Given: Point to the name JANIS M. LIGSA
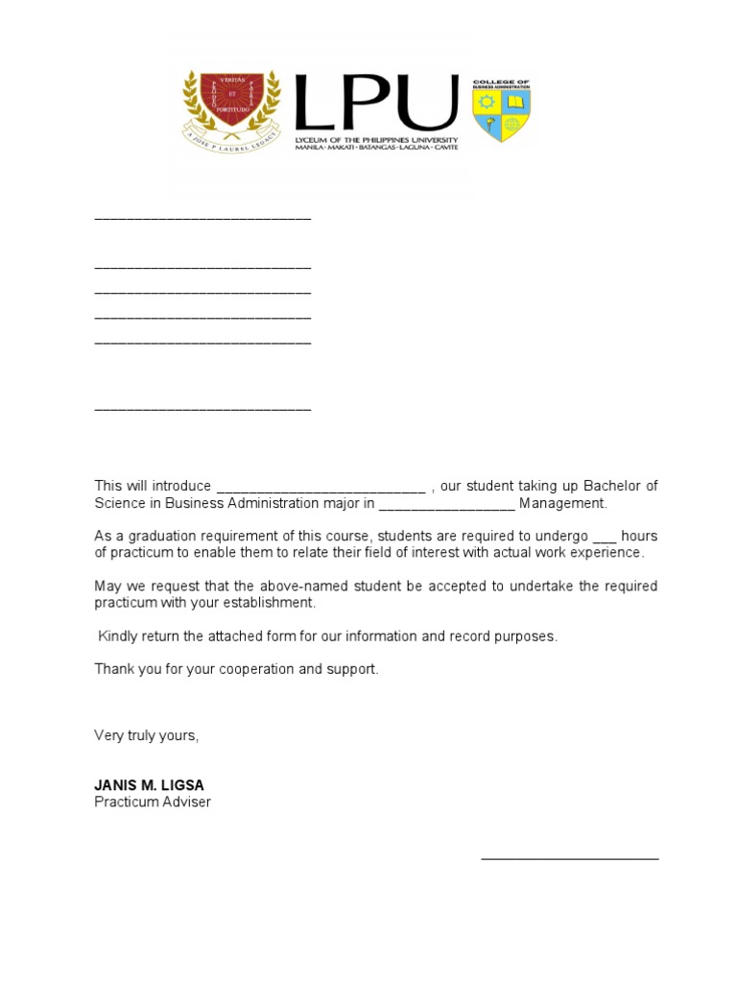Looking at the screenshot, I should pos(149,785).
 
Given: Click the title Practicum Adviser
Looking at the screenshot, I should pos(153,802).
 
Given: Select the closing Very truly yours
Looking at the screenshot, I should pos(146,735).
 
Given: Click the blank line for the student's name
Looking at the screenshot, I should pos(321,487).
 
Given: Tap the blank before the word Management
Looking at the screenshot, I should pos(447,504).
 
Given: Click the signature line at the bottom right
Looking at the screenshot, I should pos(569,857).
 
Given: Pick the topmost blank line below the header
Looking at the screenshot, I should pos(202,219).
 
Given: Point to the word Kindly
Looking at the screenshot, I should pos(118,636).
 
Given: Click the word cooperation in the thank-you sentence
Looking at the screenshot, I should pos(256,669).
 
